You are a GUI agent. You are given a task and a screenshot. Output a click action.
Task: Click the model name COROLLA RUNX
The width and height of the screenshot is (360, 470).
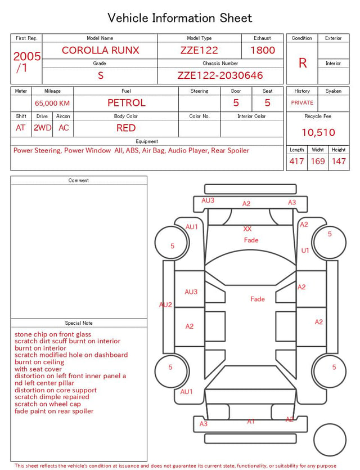coord(100,50)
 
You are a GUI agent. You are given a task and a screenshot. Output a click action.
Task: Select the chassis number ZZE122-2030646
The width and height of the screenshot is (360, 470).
coord(220,75)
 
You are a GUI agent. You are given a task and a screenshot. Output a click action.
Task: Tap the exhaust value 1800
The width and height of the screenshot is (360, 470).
coord(263,50)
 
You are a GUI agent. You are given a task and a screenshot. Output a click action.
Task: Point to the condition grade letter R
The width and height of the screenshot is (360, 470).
coord(303,63)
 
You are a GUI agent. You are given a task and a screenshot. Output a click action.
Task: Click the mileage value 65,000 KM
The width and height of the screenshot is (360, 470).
coord(52,103)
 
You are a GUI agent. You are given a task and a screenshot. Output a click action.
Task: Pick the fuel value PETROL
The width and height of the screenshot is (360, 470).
coord(127,103)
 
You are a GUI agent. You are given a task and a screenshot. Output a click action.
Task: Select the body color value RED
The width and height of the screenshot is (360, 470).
coord(126,128)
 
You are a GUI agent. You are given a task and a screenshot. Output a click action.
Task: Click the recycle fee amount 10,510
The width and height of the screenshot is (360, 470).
coord(318,132)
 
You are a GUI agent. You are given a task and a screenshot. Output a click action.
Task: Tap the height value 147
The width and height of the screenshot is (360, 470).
coord(339,161)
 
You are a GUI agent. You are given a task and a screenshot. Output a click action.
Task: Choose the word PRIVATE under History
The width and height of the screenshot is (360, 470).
coord(302,102)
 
